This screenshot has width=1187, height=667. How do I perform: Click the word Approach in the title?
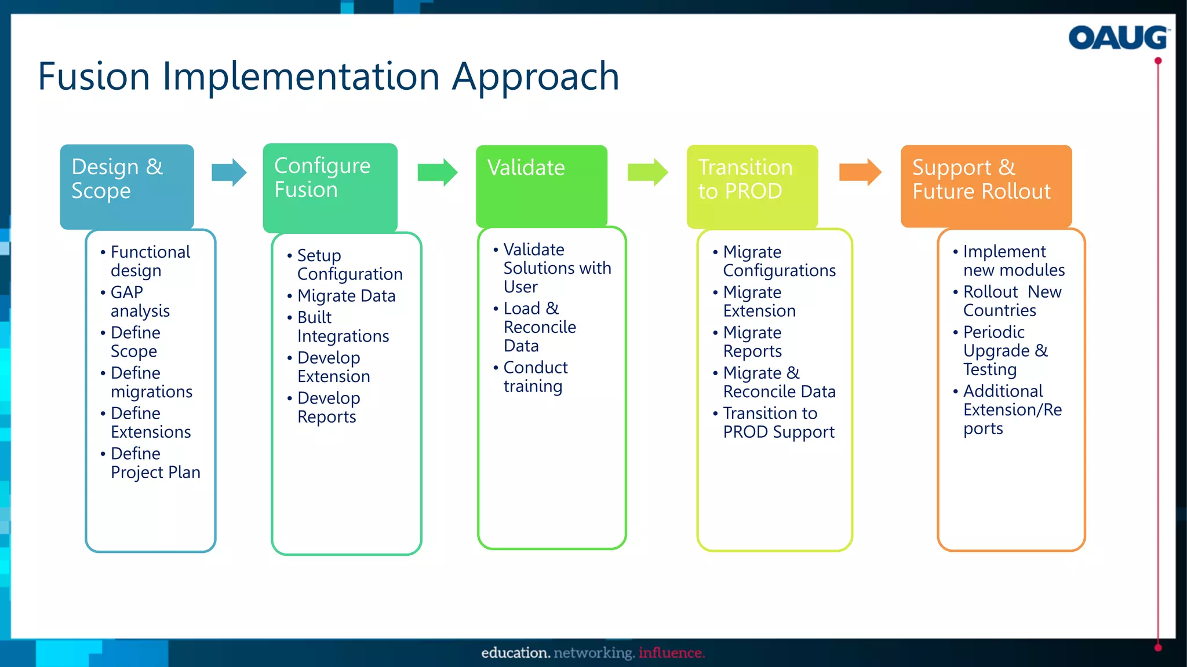tap(536, 76)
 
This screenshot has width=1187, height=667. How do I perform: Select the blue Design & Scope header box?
tap(127, 186)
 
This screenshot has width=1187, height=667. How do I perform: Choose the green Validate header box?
tap(541, 185)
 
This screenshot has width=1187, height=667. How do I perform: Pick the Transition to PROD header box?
tap(752, 185)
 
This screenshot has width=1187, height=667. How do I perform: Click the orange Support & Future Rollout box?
tap(986, 185)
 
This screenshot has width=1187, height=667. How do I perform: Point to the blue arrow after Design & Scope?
tap(229, 172)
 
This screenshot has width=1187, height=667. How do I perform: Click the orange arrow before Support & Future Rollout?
tap(860, 172)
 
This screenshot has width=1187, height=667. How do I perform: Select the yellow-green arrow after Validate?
tap(647, 172)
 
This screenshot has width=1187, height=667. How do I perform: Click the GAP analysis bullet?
tap(140, 301)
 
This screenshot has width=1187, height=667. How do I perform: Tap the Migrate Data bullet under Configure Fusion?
tap(346, 296)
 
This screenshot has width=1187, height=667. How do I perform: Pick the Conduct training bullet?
tap(534, 376)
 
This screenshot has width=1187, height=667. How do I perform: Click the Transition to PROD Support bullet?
tap(778, 422)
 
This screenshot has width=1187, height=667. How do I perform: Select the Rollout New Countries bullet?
tap(1011, 300)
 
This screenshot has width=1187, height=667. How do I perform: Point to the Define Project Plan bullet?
tap(155, 463)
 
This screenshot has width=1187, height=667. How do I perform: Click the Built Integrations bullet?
tap(342, 327)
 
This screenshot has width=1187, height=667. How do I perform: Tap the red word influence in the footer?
tap(671, 653)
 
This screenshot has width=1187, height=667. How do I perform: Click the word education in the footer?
tap(515, 653)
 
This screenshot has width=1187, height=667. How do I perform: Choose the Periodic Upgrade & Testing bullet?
tap(1004, 350)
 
